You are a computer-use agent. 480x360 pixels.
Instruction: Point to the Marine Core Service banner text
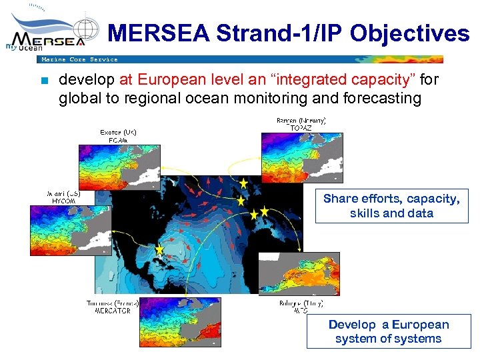pos(79,59)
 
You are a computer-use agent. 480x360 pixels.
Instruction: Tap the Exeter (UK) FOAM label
pos(119,136)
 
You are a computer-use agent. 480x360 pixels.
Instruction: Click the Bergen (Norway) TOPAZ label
pos(301,123)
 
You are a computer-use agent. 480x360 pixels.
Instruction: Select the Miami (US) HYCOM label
pos(64,197)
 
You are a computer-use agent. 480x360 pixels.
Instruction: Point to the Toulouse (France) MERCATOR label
pos(112,307)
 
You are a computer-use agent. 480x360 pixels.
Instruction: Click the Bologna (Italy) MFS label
pos(301,307)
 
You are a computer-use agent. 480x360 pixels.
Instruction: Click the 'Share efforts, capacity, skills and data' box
pos(391,206)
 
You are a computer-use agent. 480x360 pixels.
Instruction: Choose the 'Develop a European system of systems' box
pos(388,331)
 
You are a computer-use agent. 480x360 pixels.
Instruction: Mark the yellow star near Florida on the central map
pos(159,249)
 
